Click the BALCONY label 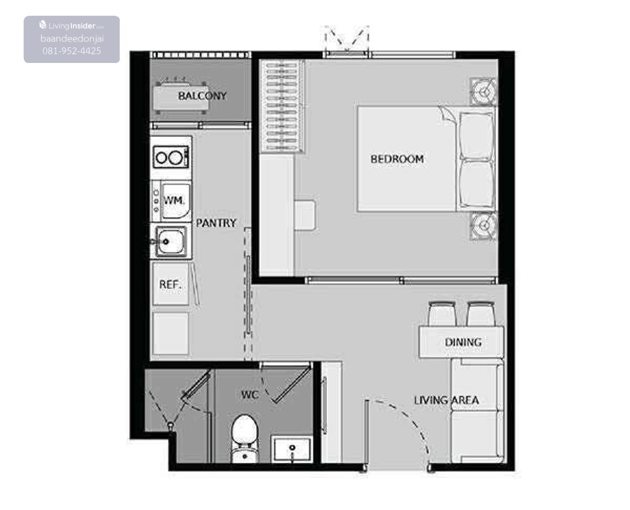(x=202, y=96)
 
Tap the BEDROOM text (x=397, y=159)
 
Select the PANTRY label (x=216, y=223)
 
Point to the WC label (x=250, y=395)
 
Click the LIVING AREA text (x=446, y=400)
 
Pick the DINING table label (x=463, y=343)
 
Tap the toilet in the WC (x=245, y=439)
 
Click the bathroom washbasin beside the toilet (x=292, y=449)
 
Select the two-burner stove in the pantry (x=171, y=157)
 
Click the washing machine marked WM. (x=171, y=201)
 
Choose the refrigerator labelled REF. (x=171, y=284)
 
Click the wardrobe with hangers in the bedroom (x=281, y=106)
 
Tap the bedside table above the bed (x=484, y=92)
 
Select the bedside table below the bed (x=484, y=226)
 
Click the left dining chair (x=443, y=314)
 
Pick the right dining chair (x=480, y=314)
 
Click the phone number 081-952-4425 (x=71, y=51)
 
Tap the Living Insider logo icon (x=43, y=25)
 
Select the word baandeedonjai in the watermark (x=72, y=39)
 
